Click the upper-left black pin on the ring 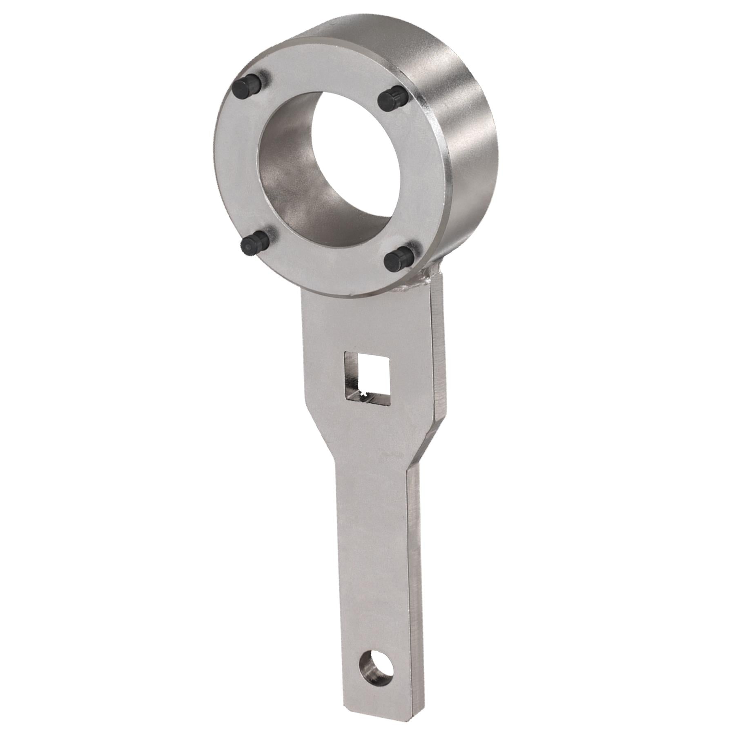tap(248, 86)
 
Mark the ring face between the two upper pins tap(323, 69)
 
